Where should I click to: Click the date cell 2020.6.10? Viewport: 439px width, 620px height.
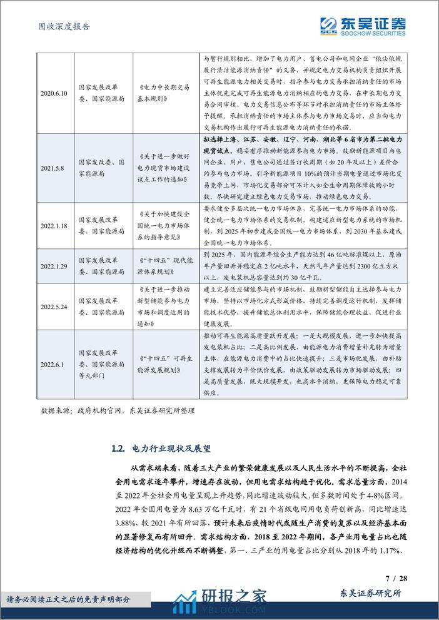53,93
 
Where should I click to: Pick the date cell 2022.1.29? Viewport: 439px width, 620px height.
53,265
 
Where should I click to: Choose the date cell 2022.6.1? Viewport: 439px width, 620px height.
53,362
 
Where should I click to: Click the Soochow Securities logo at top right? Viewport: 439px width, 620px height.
363,25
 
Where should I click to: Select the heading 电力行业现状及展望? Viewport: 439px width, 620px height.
169,449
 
